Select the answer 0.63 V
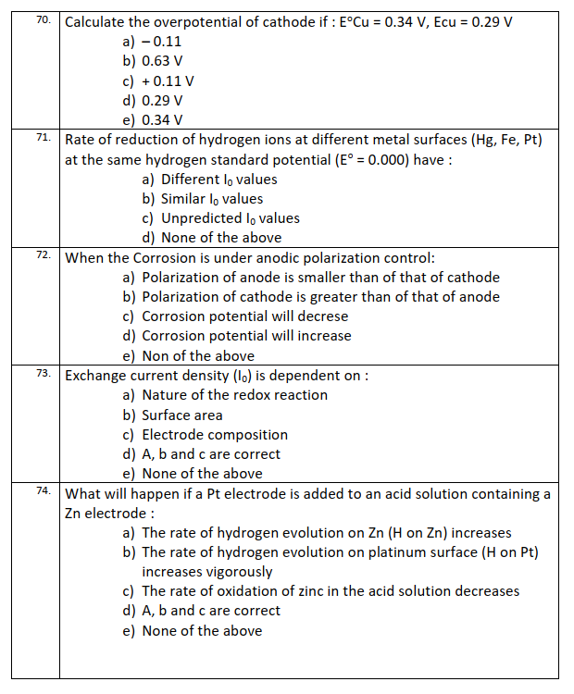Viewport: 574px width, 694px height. pyautogui.click(x=162, y=61)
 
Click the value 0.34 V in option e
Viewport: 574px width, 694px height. pyautogui.click(x=162, y=120)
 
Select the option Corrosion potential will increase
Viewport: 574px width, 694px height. pyautogui.click(x=246, y=336)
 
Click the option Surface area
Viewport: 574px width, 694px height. pyautogui.click(x=182, y=415)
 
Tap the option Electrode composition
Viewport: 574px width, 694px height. pyautogui.click(x=215, y=434)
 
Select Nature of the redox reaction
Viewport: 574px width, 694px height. pyautogui.click(x=234, y=395)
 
